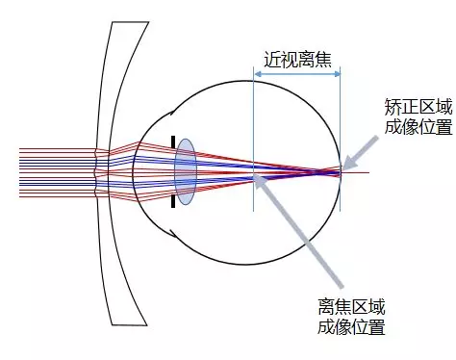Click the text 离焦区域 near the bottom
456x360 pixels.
351,307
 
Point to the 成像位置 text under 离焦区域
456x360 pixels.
351,327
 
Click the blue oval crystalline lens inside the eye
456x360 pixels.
186,173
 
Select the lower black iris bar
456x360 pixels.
173,201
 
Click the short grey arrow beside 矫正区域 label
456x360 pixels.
363,149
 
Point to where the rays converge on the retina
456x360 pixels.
340,170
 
